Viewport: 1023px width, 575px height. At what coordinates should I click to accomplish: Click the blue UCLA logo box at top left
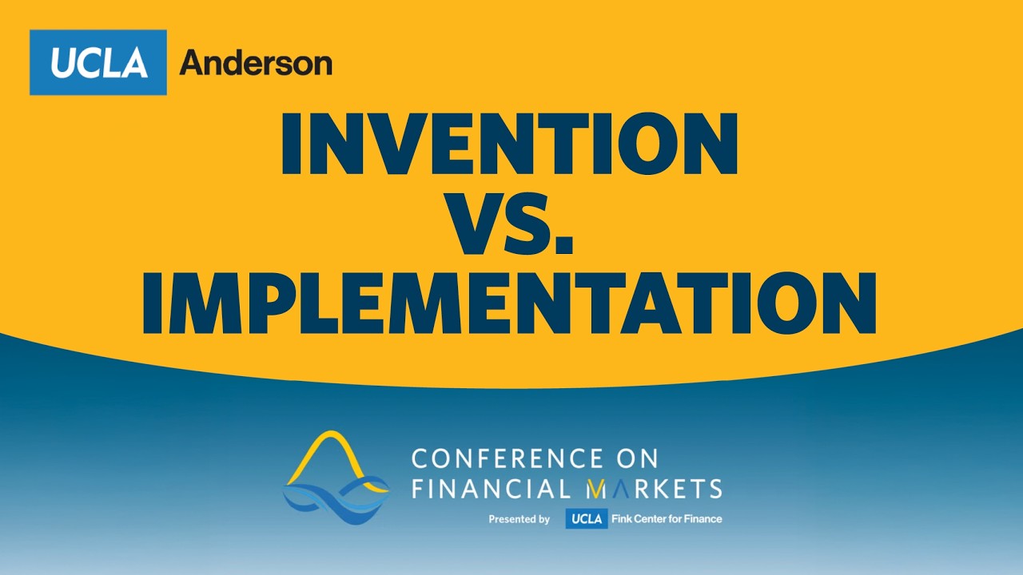click(98, 62)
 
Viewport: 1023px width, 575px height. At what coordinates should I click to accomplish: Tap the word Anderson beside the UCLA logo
click(256, 63)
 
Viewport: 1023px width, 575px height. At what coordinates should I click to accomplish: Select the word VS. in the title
click(511, 224)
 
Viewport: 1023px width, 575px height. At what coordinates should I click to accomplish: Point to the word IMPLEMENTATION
click(509, 303)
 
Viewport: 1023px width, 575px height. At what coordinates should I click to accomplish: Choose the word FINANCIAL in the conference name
click(492, 488)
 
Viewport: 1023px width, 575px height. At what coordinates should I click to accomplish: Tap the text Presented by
click(519, 519)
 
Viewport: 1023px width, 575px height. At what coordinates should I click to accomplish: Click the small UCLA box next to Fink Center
click(587, 518)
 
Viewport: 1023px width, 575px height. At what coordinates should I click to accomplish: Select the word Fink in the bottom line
click(622, 519)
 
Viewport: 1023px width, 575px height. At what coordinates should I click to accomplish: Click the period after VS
click(565, 245)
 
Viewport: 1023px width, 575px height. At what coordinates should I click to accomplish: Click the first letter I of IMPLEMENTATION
click(153, 303)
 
